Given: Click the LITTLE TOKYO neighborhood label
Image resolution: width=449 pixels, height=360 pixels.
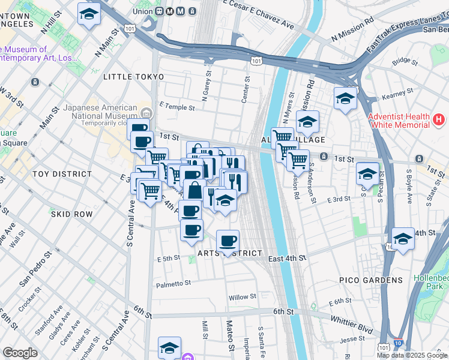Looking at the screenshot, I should tap(133, 77).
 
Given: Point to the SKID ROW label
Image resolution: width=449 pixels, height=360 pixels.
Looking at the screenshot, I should tap(71, 214).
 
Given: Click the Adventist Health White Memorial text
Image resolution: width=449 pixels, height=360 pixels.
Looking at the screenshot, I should tap(399, 121).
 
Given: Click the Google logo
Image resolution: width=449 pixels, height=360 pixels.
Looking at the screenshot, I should tap(20, 353).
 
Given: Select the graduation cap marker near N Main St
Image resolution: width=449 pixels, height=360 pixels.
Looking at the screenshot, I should tap(89, 14).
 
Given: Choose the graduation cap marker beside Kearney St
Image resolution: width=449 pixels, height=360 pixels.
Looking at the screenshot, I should tap(345, 98).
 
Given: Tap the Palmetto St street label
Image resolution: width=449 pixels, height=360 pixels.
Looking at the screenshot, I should tap(173, 283).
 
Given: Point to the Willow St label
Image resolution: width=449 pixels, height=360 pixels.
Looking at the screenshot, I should tap(243, 296).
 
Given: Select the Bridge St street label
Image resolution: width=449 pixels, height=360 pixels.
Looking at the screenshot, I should tap(405, 61).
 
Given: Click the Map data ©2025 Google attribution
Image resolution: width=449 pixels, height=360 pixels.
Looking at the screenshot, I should tap(412, 355).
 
